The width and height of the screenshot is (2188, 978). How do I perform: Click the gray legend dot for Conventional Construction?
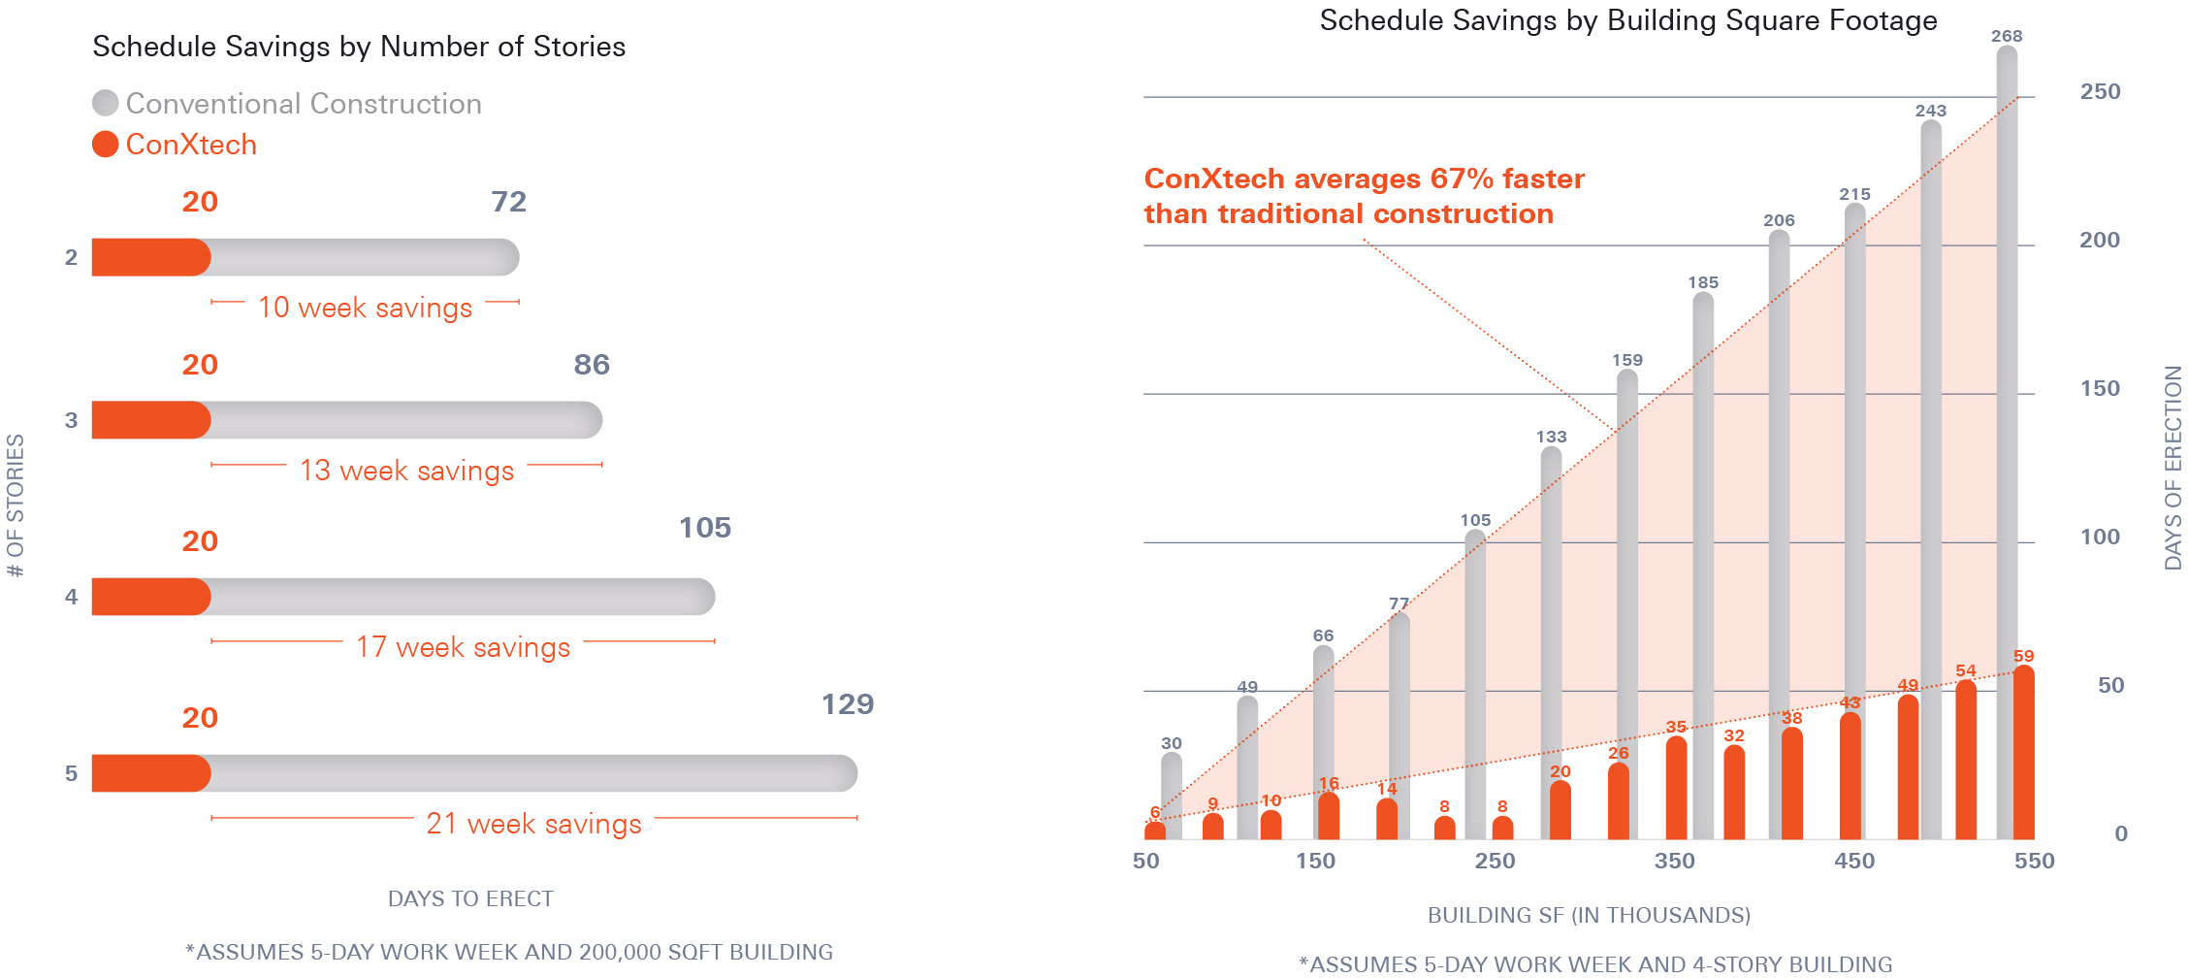105,103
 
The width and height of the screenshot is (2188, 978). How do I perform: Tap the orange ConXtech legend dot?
105,144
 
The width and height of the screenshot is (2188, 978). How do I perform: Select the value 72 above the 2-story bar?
509,201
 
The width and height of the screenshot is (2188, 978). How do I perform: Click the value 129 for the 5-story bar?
848,703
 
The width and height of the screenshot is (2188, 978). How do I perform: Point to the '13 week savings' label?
407,471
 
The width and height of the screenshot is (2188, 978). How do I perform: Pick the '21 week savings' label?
533,824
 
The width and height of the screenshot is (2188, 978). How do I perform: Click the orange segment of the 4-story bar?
151,597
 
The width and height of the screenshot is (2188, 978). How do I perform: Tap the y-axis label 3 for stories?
71,420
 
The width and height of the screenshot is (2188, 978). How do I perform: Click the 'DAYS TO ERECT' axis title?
470,898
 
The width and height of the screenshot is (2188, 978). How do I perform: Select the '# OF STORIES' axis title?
16,505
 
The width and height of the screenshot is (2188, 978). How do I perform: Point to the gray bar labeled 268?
2007,442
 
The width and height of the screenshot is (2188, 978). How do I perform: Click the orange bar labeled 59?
2024,752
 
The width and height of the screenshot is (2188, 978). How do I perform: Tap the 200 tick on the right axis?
2100,240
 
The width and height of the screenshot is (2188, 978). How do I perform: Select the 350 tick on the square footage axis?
1675,861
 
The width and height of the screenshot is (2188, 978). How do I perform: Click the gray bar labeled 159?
1627,603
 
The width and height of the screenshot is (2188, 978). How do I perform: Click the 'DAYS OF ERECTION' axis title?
2172,468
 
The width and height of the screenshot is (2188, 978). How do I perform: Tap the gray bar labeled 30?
1172,796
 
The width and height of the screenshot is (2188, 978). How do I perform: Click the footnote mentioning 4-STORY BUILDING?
1595,964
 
